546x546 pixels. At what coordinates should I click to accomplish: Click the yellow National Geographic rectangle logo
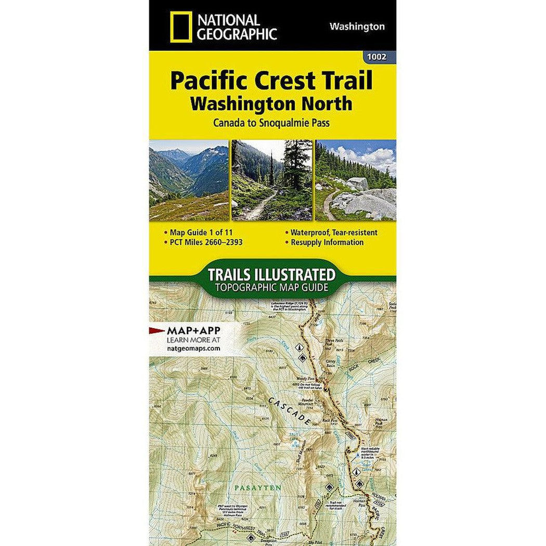[177, 27]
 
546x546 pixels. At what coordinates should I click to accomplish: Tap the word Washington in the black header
[357, 27]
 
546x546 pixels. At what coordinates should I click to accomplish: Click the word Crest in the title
[274, 82]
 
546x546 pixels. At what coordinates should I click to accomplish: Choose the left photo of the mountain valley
[188, 179]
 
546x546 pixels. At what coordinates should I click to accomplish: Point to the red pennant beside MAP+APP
[157, 330]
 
